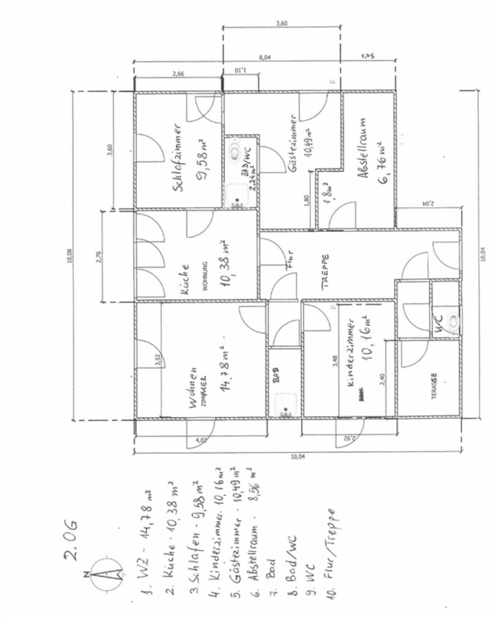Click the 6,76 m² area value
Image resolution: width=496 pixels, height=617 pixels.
tap(383, 162)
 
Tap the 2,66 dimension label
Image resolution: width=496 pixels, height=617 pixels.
tap(179, 75)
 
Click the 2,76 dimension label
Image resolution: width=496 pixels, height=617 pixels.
tap(98, 255)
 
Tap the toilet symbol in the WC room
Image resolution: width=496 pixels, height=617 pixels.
tap(454, 319)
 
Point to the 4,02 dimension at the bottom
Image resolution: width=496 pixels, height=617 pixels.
tap(200, 440)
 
